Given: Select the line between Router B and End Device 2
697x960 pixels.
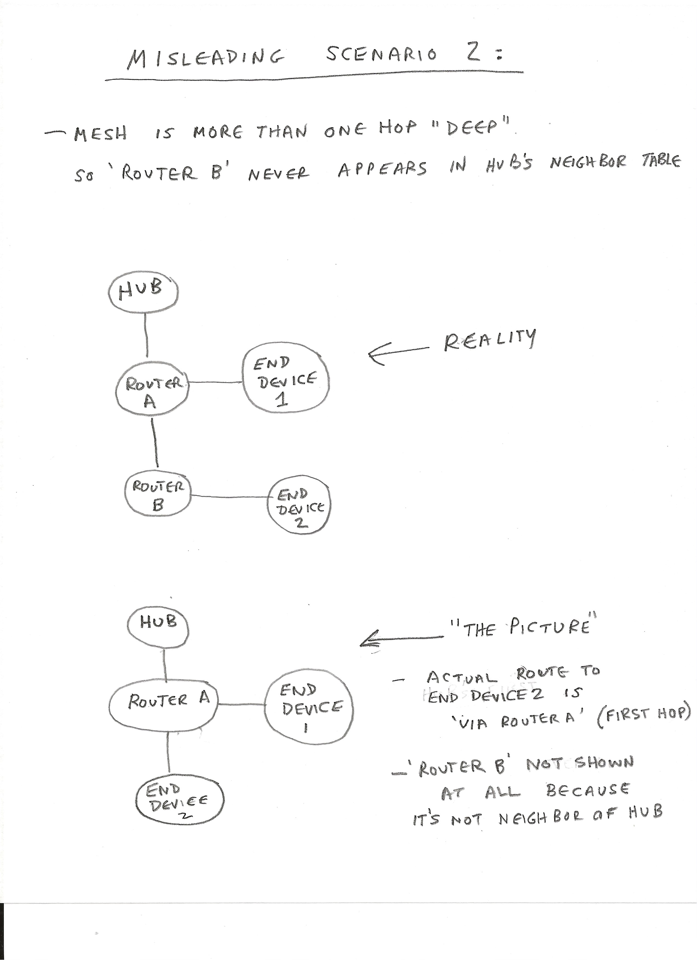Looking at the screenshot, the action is (231, 496).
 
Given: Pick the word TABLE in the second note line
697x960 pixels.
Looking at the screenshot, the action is (661, 161).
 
